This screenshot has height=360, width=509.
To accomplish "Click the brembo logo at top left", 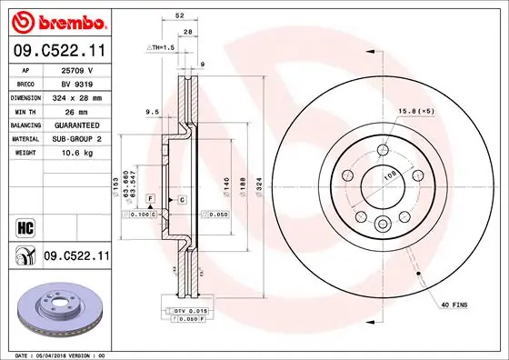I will [57, 19].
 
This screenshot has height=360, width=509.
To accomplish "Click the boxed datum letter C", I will [182, 199].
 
